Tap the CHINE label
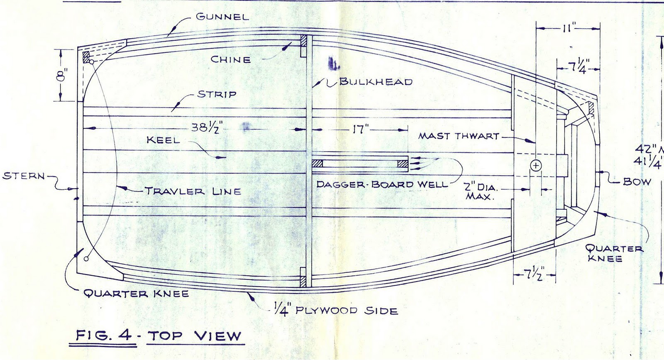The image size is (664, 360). click(x=231, y=59)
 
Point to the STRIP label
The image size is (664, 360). click(x=217, y=94)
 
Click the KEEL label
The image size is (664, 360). click(x=163, y=140)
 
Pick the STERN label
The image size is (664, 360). click(x=23, y=176)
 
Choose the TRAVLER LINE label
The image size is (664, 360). click(x=193, y=191)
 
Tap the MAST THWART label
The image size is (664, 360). click(x=458, y=136)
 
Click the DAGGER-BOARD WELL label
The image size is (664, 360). click(x=382, y=184)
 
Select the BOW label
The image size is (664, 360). click(x=637, y=181)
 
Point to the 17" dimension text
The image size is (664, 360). click(x=359, y=130)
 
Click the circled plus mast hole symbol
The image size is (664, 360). click(x=536, y=166)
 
